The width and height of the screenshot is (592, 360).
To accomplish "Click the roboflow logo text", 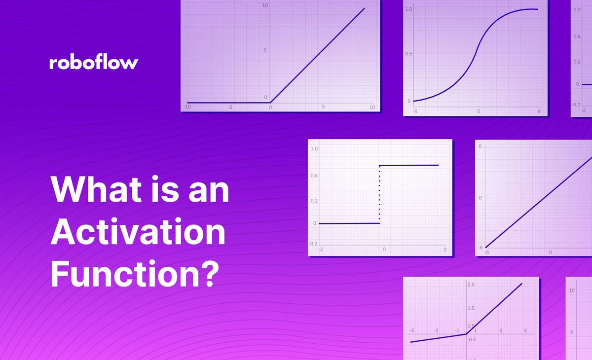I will pos(94,63).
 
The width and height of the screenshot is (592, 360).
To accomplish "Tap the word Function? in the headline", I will pos(134,274).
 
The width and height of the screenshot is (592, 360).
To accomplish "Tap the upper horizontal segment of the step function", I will pos(409,165).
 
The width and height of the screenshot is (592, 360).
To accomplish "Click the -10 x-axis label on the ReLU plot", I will pos(187,107).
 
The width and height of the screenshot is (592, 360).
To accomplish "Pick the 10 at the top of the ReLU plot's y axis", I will pos(265,5).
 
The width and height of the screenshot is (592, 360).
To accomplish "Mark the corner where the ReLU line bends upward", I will pos(270,103).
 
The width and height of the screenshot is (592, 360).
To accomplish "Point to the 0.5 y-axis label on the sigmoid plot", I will pos(408,54).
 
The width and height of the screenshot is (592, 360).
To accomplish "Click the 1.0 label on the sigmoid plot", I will pos(408,9).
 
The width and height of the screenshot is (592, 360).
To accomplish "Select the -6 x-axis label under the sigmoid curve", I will pos(415,111).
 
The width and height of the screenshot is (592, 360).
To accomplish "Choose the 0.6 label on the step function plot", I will pos(313,175).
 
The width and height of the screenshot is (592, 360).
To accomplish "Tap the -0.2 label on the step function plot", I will pos(313,244).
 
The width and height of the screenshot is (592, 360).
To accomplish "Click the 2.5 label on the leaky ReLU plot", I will pos(471,285).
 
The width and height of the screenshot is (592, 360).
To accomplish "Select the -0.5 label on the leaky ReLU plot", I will pos(472,340).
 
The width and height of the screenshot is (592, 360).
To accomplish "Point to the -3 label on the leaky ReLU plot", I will pos(436,330).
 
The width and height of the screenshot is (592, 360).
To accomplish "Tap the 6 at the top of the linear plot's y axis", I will pos(480,146).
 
